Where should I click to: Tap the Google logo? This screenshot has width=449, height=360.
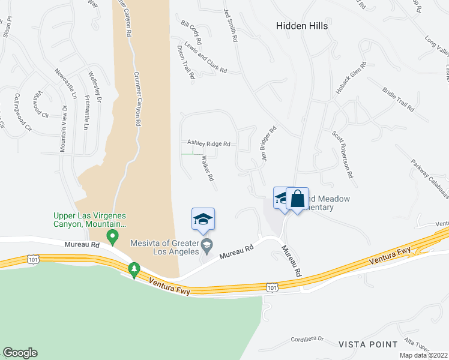[20, 353]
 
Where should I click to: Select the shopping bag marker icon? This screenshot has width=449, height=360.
[297, 198]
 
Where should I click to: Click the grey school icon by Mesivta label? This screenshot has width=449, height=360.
[206, 244]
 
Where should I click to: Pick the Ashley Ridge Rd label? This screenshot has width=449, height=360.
[209, 143]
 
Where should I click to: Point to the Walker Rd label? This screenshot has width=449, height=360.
[208, 169]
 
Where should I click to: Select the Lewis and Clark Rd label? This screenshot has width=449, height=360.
[205, 58]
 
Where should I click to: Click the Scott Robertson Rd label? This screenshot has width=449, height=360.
[342, 155]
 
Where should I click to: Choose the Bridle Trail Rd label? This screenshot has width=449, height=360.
[398, 100]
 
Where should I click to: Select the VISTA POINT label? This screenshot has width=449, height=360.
[368, 344]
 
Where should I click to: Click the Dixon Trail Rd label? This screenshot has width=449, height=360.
[186, 63]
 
